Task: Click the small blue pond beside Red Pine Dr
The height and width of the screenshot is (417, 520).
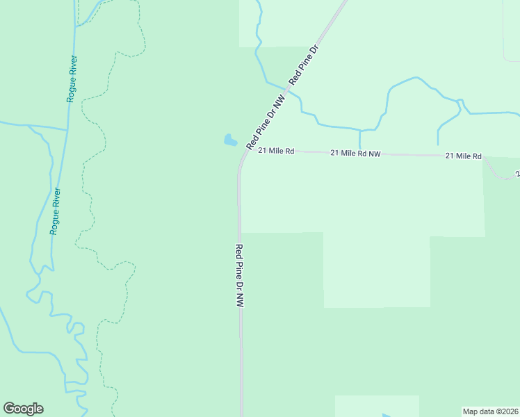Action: pyautogui.click(x=230, y=140)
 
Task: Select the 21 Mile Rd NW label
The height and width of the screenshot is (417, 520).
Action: pyautogui.click(x=355, y=153)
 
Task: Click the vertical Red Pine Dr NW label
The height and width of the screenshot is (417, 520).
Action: pyautogui.click(x=239, y=276)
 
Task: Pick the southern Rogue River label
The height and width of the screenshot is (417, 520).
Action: pyautogui.click(x=55, y=211)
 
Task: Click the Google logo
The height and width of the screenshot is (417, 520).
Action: pyautogui.click(x=23, y=409)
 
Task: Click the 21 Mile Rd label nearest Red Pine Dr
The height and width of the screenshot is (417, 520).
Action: pyautogui.click(x=276, y=150)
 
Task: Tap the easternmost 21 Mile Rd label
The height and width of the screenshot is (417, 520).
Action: pyautogui.click(x=463, y=156)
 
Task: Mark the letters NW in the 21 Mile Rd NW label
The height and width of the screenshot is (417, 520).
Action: pyautogui.click(x=374, y=154)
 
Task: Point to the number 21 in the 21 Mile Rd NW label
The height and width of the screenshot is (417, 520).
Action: pyautogui.click(x=334, y=152)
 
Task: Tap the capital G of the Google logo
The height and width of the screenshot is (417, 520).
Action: pyautogui.click(x=9, y=409)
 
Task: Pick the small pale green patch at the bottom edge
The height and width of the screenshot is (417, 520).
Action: pyautogui.click(x=376, y=406)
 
